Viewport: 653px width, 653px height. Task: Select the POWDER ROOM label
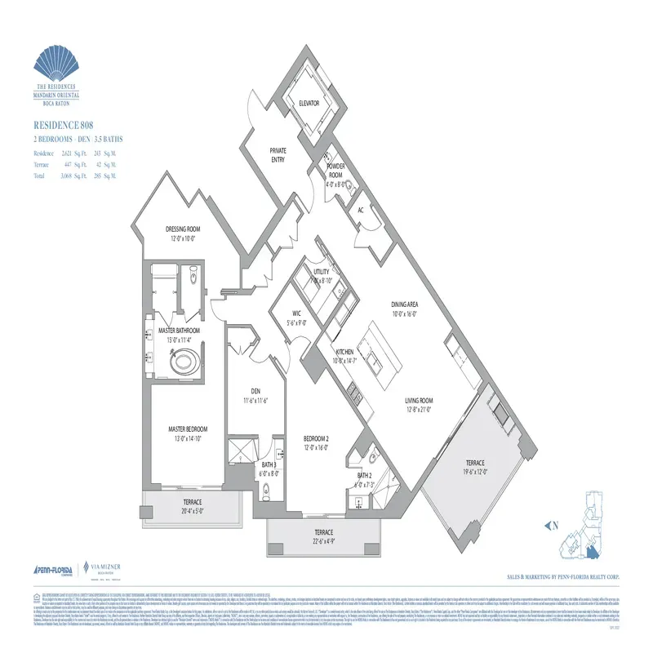[x=335, y=171]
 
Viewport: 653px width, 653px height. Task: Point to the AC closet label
[x=360, y=210]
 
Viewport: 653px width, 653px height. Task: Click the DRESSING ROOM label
[x=183, y=229]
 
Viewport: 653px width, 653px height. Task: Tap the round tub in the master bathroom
[x=182, y=360]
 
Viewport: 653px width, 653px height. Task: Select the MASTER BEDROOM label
[x=188, y=429]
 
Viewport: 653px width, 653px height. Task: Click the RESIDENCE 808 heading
[x=62, y=125]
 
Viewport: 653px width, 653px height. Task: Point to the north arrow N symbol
[x=552, y=526]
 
